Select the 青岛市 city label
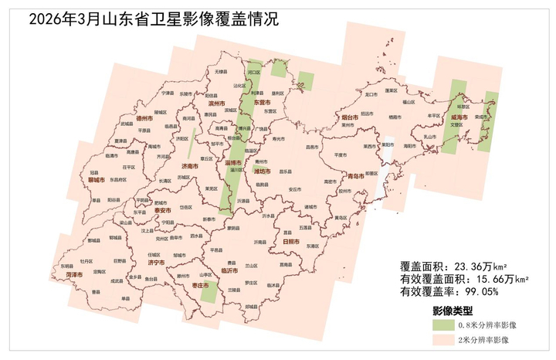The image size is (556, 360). click(x=358, y=176)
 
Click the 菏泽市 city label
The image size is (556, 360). click(x=74, y=273)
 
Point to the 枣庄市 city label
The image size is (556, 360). click(x=202, y=286)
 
